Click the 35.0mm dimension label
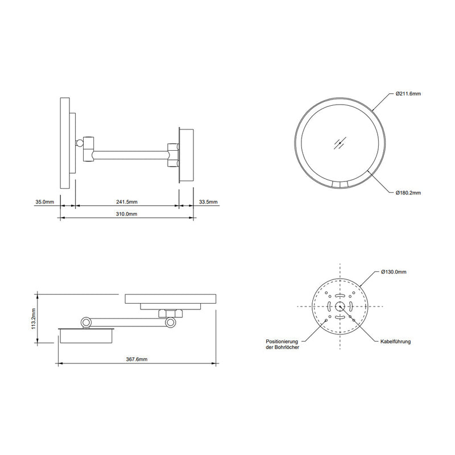click(x=45, y=202)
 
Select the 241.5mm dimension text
click(x=127, y=202)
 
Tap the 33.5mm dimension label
click(x=208, y=202)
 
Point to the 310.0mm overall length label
click(x=126, y=214)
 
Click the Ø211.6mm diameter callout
click(x=408, y=94)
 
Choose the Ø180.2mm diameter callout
click(x=408, y=193)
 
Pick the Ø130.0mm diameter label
click(x=394, y=272)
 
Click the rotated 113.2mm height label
click(x=34, y=318)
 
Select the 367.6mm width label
click(x=136, y=359)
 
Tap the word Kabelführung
click(x=395, y=342)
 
